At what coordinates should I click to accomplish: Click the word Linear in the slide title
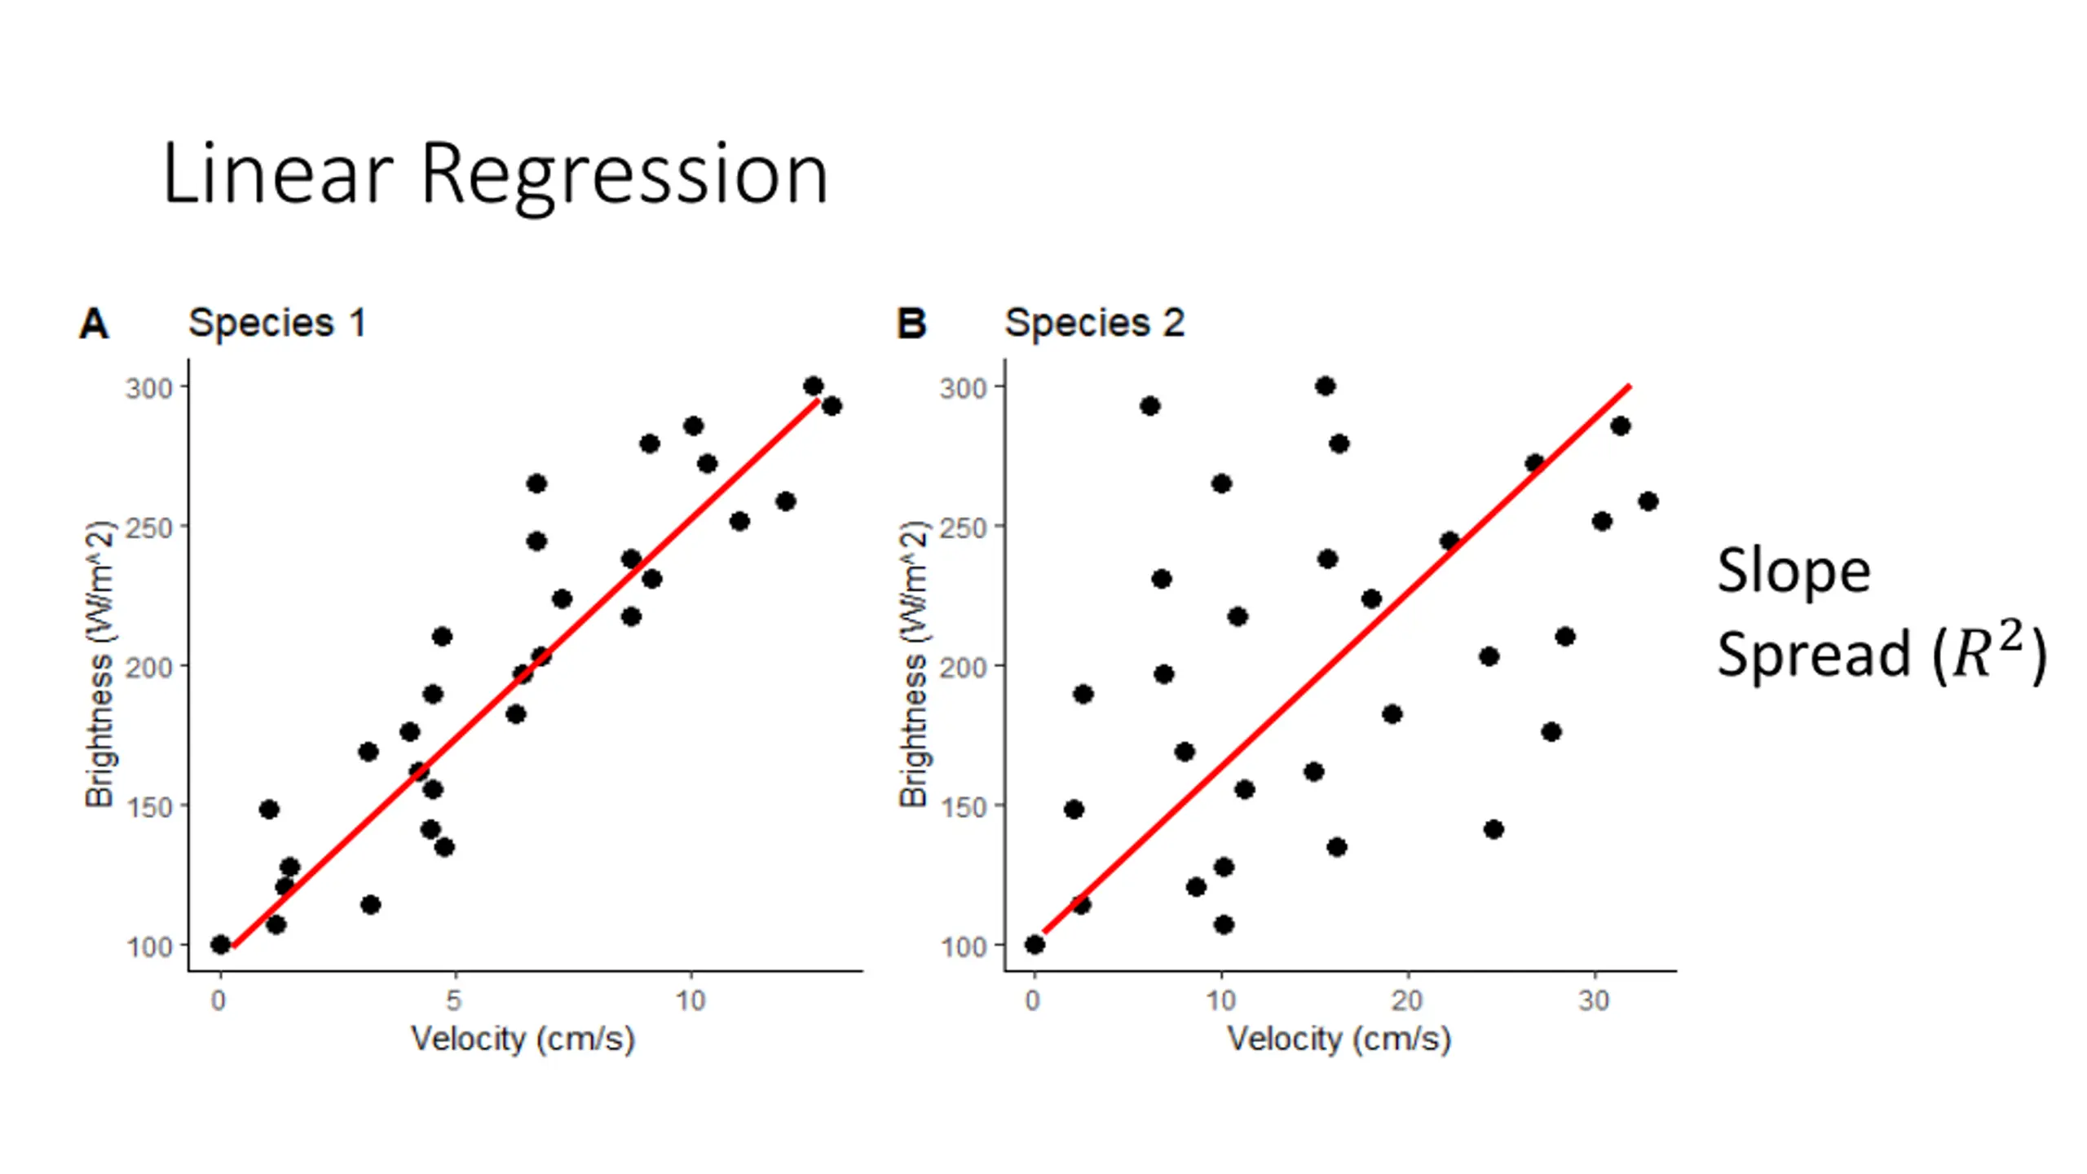coord(277,174)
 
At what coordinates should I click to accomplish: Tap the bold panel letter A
coord(94,324)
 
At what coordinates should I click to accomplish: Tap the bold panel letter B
coord(911,324)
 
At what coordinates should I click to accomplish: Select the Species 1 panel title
coord(277,323)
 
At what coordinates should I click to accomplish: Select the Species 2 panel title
coord(1094,323)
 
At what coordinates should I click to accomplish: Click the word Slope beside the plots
coord(1794,571)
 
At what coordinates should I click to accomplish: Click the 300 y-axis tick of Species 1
coord(148,388)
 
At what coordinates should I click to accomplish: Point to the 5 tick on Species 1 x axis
coord(454,1000)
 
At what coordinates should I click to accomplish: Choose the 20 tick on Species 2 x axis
coord(1407,1000)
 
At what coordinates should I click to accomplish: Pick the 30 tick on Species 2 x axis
coord(1594,1000)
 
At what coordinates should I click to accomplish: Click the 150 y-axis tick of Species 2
coord(964,807)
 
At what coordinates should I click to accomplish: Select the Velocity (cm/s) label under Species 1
coord(523,1039)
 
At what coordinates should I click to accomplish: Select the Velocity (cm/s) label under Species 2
coord(1339,1039)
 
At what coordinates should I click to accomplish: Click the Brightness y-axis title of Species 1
coord(99,664)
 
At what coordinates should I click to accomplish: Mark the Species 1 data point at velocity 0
coord(220,945)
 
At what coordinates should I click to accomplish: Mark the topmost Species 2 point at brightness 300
coord(1326,386)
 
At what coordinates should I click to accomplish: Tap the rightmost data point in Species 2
coord(1648,501)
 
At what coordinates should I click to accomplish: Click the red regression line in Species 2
coord(1337,659)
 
